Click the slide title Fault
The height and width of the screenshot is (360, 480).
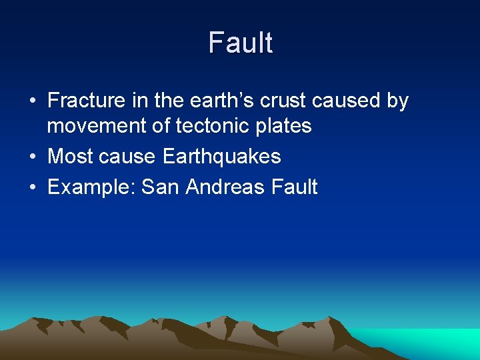(240, 43)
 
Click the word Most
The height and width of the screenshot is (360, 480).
(69, 157)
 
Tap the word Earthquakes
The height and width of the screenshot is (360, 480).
(222, 157)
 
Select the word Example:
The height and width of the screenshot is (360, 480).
(92, 187)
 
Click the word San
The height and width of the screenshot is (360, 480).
(161, 187)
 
